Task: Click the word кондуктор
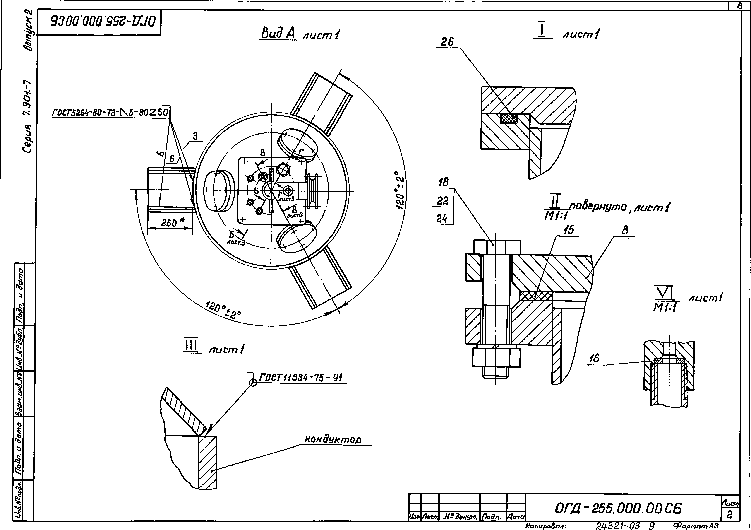(333, 439)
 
